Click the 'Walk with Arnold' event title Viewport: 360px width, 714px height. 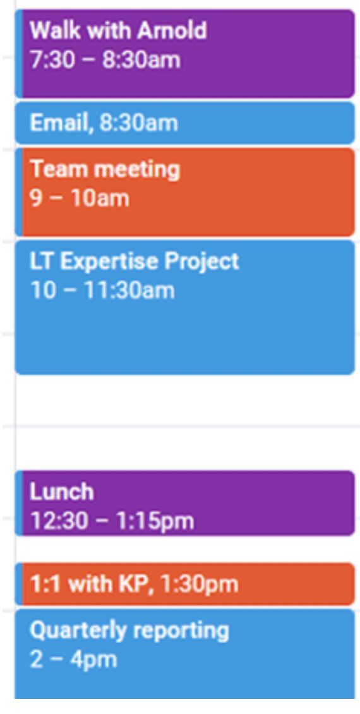tap(118, 31)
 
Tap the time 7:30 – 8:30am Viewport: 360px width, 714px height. tap(105, 60)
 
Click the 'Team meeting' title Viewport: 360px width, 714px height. tap(105, 169)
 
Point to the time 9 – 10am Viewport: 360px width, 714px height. tap(80, 198)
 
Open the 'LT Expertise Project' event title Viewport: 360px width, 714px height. tap(135, 262)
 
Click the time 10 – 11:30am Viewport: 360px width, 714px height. tap(102, 291)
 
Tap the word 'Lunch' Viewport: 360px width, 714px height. tap(62, 492)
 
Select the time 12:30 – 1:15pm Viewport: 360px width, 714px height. tap(112, 521)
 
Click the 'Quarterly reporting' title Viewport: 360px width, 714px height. tap(129, 631)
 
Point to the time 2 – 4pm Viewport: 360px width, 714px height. tap(73, 660)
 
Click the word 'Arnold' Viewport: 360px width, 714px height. tap(172, 31)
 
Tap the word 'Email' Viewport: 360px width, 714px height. tap(61, 123)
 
